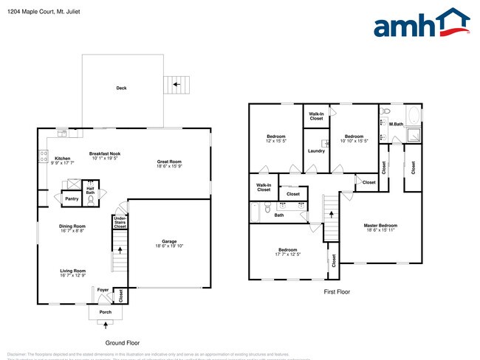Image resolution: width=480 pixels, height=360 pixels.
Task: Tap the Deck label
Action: (x=121, y=88)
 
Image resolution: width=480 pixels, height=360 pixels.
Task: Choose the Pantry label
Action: (x=72, y=198)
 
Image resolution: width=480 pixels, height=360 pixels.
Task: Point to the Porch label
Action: (x=106, y=312)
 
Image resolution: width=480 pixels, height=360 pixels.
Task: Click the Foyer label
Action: (x=103, y=290)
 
